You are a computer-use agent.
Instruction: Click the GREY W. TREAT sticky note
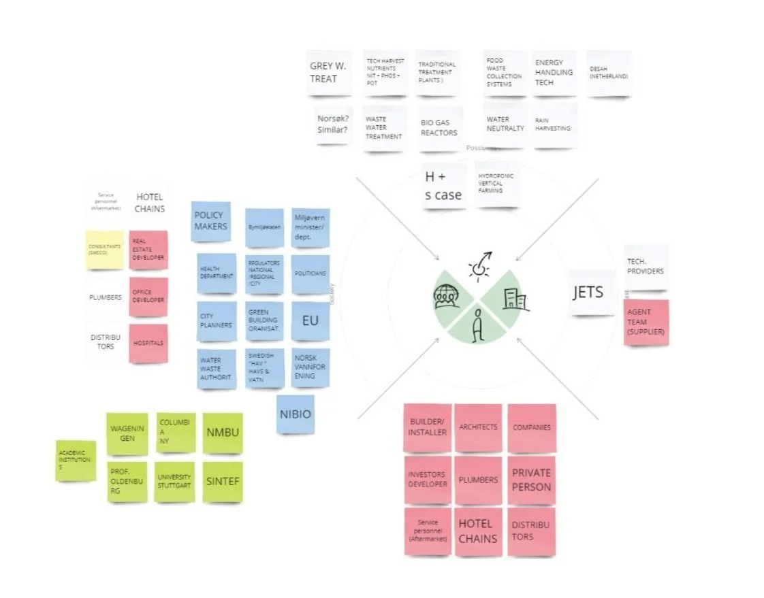(328, 73)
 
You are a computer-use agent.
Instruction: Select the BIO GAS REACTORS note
(440, 128)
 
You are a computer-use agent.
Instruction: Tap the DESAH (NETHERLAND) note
(608, 72)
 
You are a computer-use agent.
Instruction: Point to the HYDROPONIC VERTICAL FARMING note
(497, 183)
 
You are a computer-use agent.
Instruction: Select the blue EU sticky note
(310, 320)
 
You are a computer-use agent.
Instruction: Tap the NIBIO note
(296, 414)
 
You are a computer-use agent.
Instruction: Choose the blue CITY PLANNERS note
(217, 320)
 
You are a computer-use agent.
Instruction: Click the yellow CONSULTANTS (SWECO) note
(105, 250)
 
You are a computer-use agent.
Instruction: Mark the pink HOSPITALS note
(148, 343)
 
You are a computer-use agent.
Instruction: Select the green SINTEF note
(222, 482)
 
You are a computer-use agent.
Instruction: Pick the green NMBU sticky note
(222, 433)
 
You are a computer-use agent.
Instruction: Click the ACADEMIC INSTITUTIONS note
(76, 460)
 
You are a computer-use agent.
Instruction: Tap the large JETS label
(588, 293)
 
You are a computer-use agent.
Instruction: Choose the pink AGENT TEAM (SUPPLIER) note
(645, 322)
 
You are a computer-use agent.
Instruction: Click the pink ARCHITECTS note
(478, 427)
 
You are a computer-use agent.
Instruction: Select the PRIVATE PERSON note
(531, 480)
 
